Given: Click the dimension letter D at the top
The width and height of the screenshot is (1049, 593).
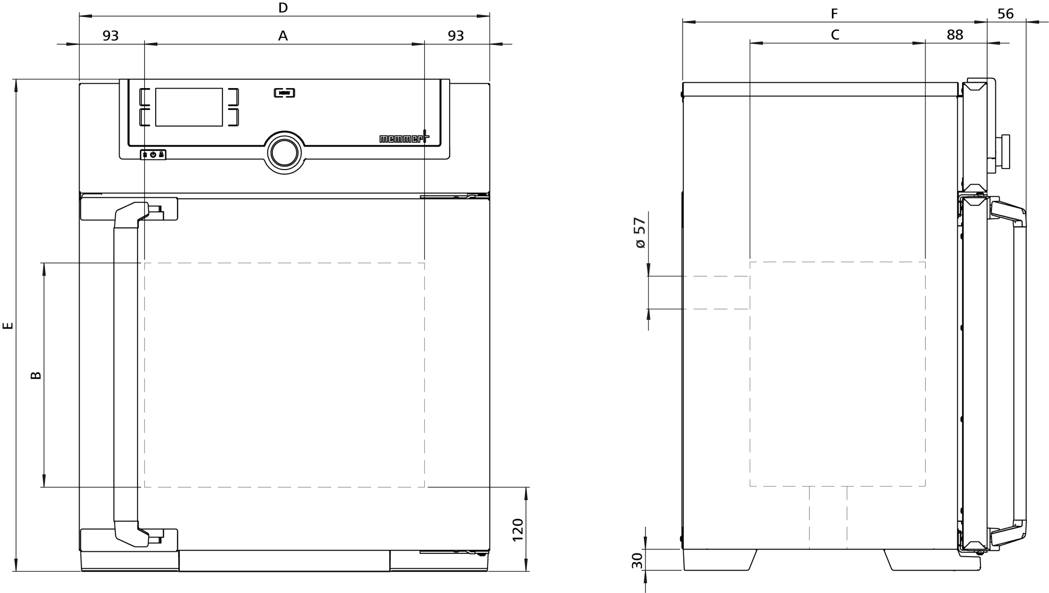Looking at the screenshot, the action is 283,8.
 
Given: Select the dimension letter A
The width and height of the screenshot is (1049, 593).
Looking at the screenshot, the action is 283,36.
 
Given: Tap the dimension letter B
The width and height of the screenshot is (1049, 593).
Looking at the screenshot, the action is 36,375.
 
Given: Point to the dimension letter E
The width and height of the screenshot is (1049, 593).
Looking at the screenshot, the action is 8,326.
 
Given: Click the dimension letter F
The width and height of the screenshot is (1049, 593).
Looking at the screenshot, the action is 834,14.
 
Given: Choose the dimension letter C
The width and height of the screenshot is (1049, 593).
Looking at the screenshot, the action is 835,35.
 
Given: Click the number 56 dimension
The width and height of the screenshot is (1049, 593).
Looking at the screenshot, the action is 1006,14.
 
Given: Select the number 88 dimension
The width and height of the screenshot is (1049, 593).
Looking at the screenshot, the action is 955,35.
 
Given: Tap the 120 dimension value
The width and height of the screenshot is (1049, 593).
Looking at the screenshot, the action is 518,530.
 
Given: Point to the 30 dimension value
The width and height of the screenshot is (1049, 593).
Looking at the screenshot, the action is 637,561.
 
